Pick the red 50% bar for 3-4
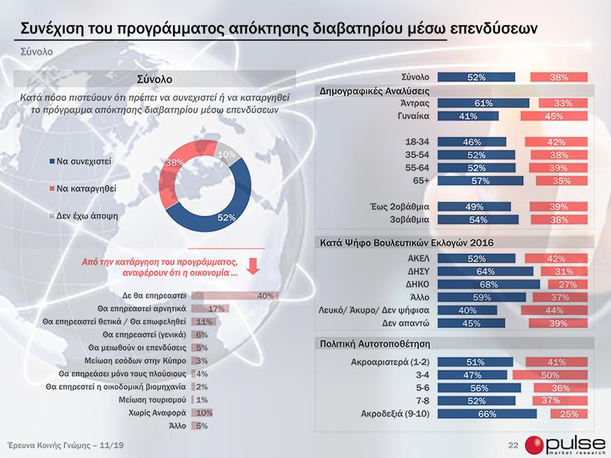(x=551, y=375)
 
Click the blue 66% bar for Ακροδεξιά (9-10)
(x=487, y=413)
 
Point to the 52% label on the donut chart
(x=226, y=217)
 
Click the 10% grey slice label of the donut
(x=226, y=154)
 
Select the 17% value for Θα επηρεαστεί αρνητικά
(x=217, y=309)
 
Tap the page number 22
(x=513, y=444)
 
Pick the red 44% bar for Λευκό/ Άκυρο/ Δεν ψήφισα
(x=553, y=310)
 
